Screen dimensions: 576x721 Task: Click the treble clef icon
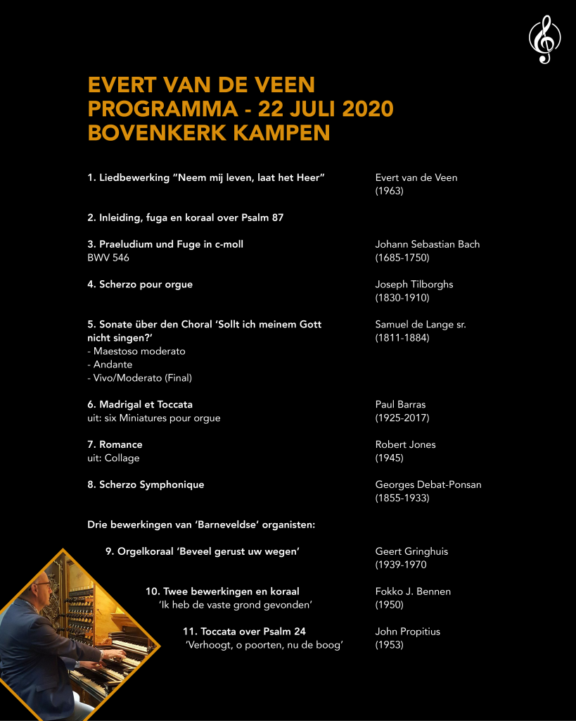point(544,40)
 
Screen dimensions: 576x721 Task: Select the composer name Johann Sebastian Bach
point(427,244)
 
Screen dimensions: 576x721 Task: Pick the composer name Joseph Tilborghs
point(414,284)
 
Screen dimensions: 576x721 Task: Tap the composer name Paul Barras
point(400,405)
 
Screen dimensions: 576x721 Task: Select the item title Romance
point(120,445)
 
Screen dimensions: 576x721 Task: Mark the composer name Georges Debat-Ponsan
point(428,485)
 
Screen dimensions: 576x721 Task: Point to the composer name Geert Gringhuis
point(412,551)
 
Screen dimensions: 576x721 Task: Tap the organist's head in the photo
point(44,590)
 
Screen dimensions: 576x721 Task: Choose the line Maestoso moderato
point(136,351)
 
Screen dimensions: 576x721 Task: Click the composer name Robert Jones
point(405,445)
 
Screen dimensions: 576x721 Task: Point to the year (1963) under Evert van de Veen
point(390,191)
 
